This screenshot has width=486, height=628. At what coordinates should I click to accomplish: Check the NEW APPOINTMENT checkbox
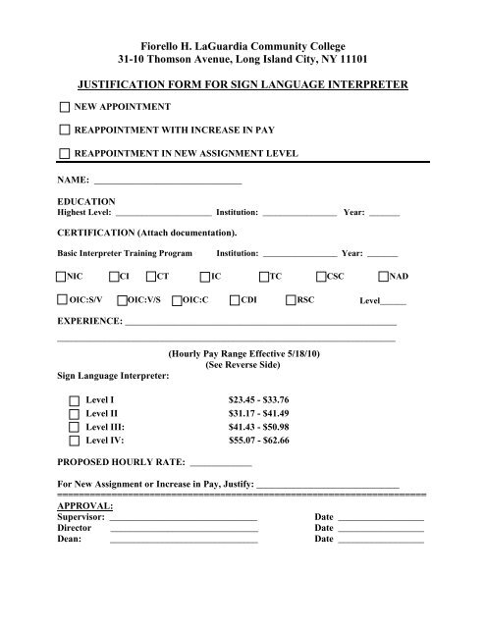pos(64,106)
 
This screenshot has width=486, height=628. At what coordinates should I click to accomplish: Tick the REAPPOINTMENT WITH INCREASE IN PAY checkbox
pos(64,130)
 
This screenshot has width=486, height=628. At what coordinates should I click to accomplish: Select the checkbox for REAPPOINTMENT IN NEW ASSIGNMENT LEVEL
pos(64,153)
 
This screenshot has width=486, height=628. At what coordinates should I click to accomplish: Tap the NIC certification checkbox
pos(64,278)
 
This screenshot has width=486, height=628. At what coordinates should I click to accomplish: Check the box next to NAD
pos(385,278)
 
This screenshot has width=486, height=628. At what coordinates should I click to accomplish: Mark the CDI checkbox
pos(234,300)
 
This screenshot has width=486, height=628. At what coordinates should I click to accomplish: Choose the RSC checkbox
pos(290,300)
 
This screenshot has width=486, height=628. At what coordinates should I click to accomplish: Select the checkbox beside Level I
pos(76,400)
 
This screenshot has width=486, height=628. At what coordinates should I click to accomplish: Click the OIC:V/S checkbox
pos(122,300)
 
